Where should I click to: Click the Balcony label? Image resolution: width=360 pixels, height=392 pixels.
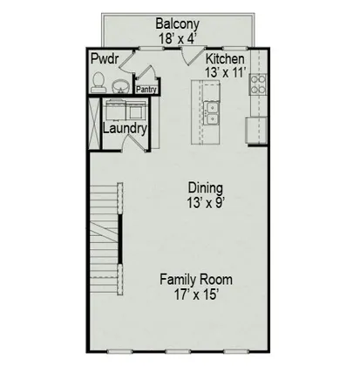(180, 24)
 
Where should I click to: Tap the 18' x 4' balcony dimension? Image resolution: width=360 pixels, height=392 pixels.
(180, 37)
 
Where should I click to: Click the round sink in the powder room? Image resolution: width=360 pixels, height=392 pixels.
(120, 84)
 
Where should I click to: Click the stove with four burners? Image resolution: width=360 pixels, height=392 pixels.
(259, 84)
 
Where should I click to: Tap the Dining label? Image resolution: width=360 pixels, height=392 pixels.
(206, 187)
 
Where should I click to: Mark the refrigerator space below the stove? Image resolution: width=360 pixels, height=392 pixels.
(257, 128)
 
